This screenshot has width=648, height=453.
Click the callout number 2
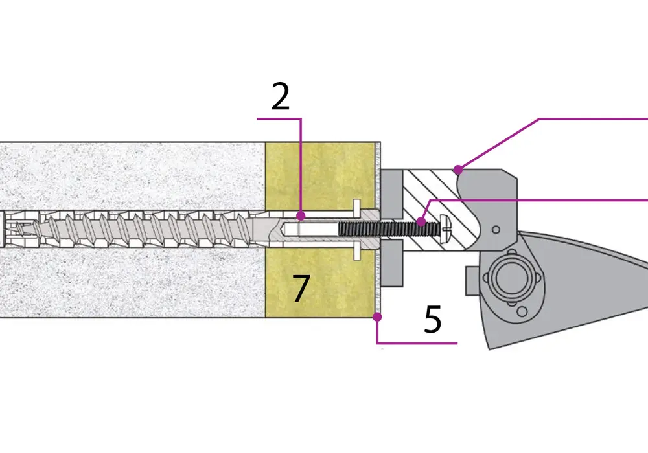click(280, 96)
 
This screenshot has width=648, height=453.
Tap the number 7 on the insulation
click(301, 288)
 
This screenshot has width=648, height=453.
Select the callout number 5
click(433, 319)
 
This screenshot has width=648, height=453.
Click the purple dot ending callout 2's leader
click(301, 215)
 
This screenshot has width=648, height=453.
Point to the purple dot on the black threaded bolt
click(421, 222)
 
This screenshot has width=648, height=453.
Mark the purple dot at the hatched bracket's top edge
click(458, 170)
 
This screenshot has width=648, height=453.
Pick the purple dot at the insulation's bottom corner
click(377, 317)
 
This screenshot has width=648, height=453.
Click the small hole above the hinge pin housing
click(496, 229)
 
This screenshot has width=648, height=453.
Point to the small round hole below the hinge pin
click(522, 311)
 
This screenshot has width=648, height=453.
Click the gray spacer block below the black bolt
click(391, 263)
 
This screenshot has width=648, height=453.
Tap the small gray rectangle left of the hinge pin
click(472, 281)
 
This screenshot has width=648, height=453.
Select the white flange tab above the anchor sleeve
click(356, 206)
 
